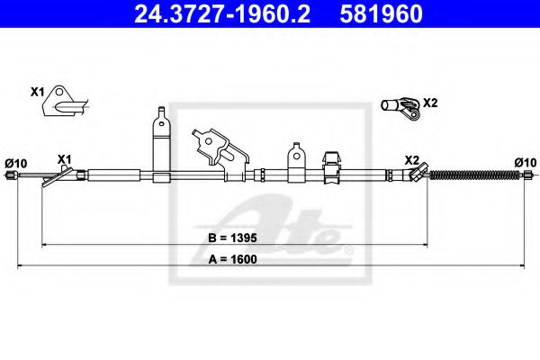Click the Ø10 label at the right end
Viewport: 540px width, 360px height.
(x=524, y=162)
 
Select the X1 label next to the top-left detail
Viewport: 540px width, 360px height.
(x=37, y=92)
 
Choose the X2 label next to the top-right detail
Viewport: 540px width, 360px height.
(x=430, y=102)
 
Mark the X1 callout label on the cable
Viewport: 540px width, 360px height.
(x=64, y=159)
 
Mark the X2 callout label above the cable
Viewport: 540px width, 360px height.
(x=411, y=159)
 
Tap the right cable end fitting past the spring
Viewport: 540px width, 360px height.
(x=525, y=175)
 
